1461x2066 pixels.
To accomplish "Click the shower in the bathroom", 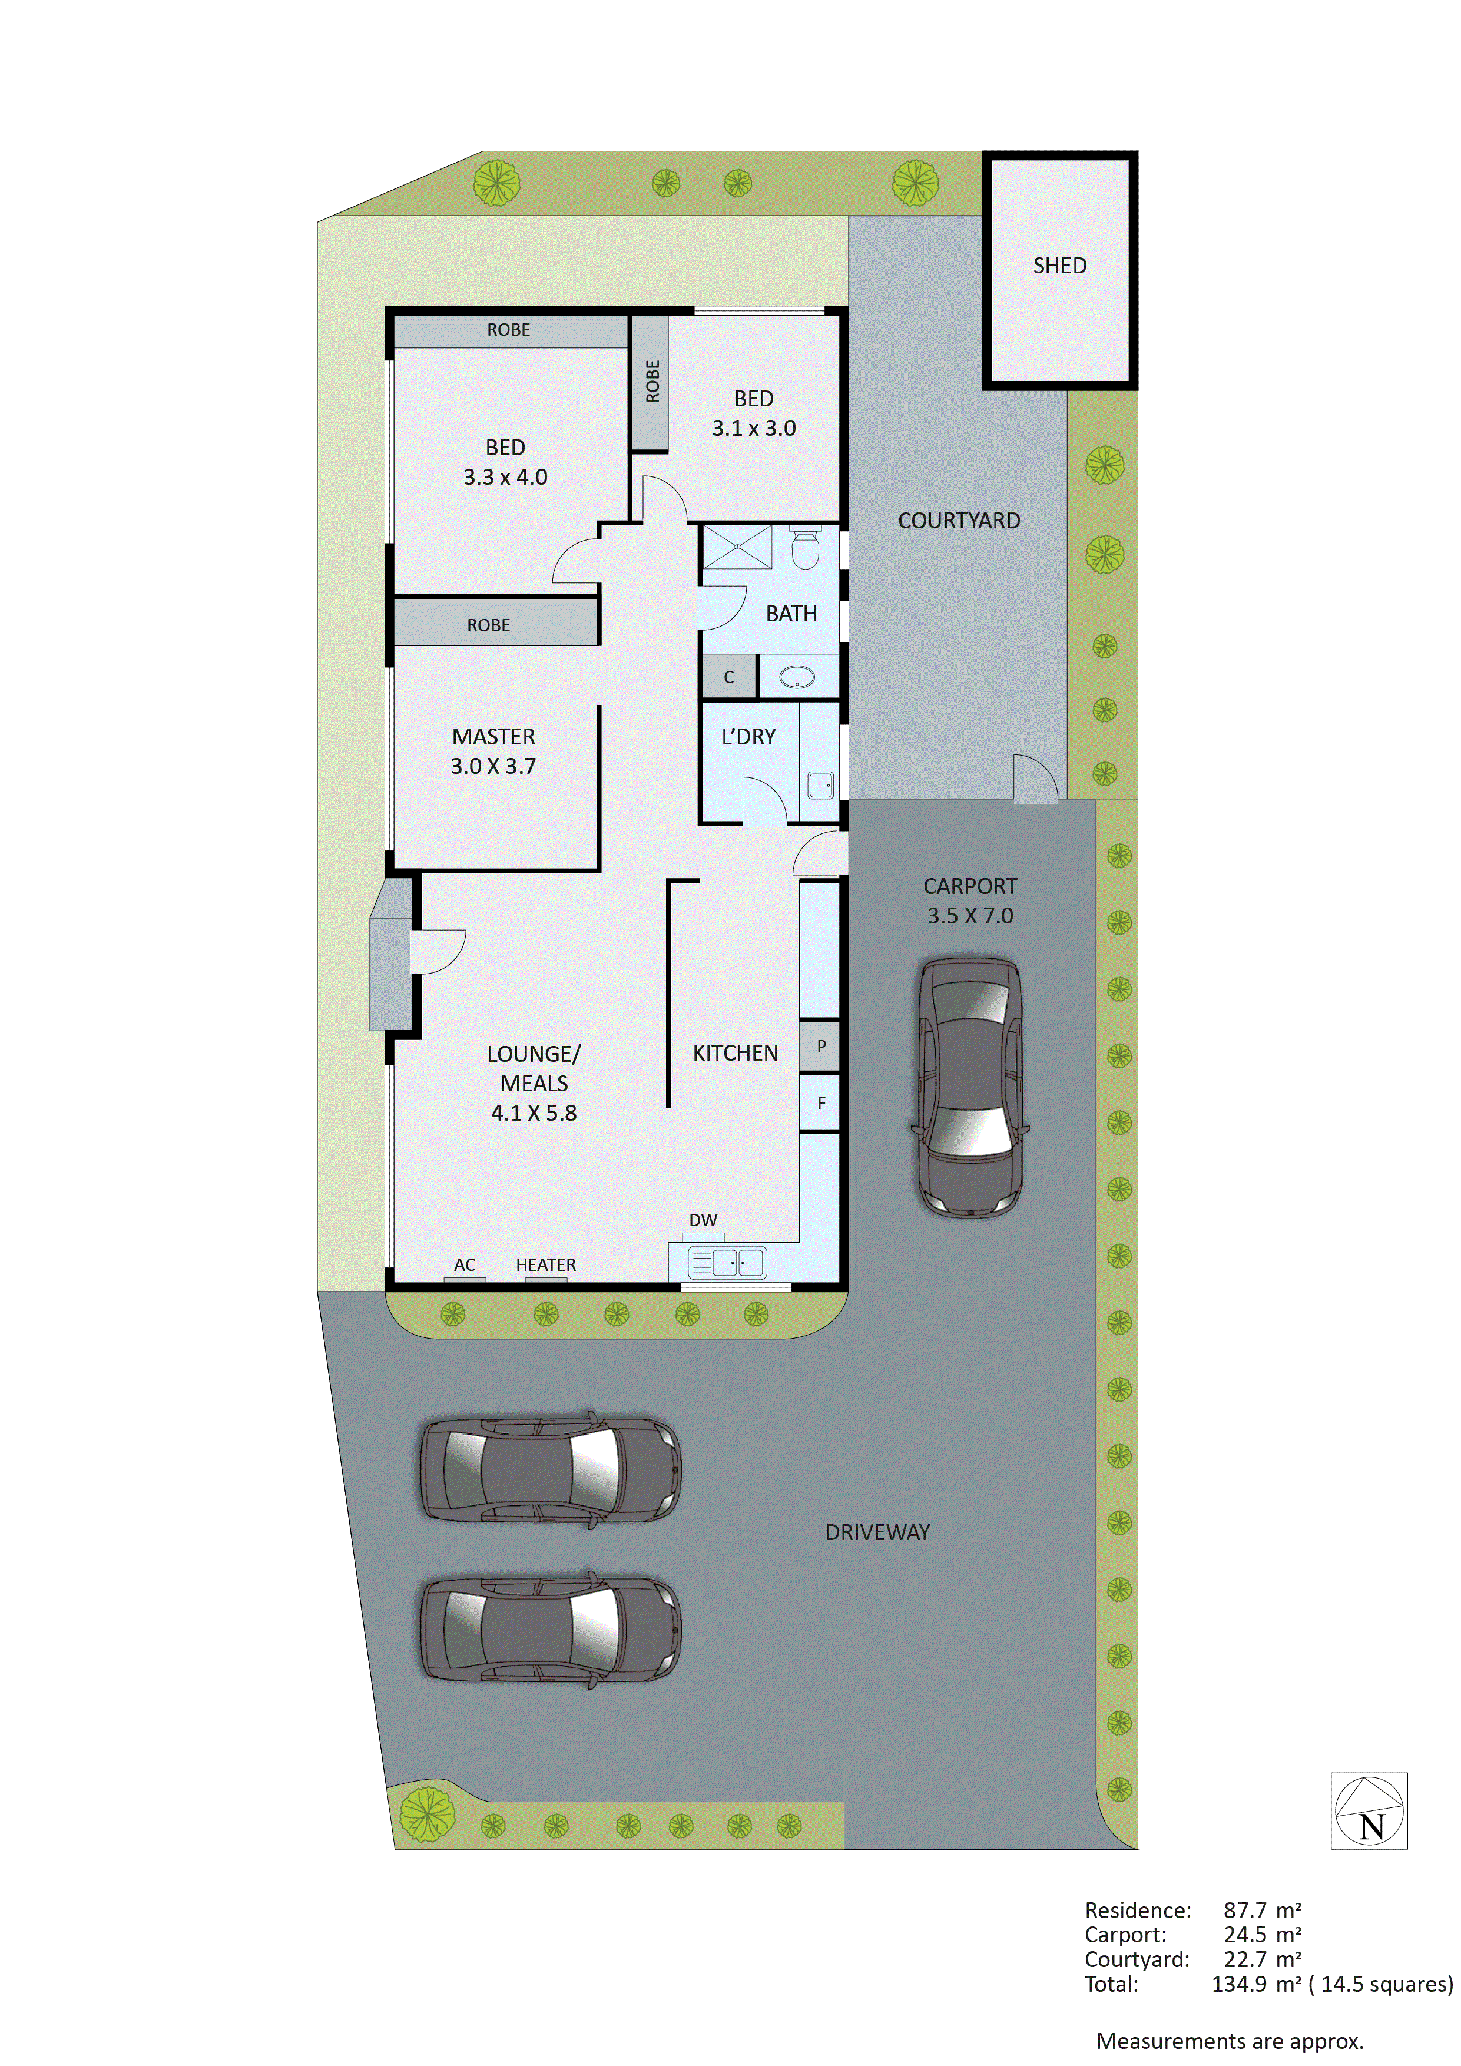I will [738, 547].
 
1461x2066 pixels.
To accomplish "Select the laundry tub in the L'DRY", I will [820, 784].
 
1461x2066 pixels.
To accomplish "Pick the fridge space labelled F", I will [820, 1102].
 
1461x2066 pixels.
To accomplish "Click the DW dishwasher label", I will [703, 1220].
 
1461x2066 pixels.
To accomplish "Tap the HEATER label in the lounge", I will [545, 1264].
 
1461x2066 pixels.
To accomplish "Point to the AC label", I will [464, 1264].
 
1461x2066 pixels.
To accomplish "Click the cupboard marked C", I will [728, 677].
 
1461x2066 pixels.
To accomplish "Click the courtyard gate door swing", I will [1035, 779].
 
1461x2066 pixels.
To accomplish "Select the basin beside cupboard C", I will [797, 677].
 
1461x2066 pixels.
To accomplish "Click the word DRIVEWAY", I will [877, 1531].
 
